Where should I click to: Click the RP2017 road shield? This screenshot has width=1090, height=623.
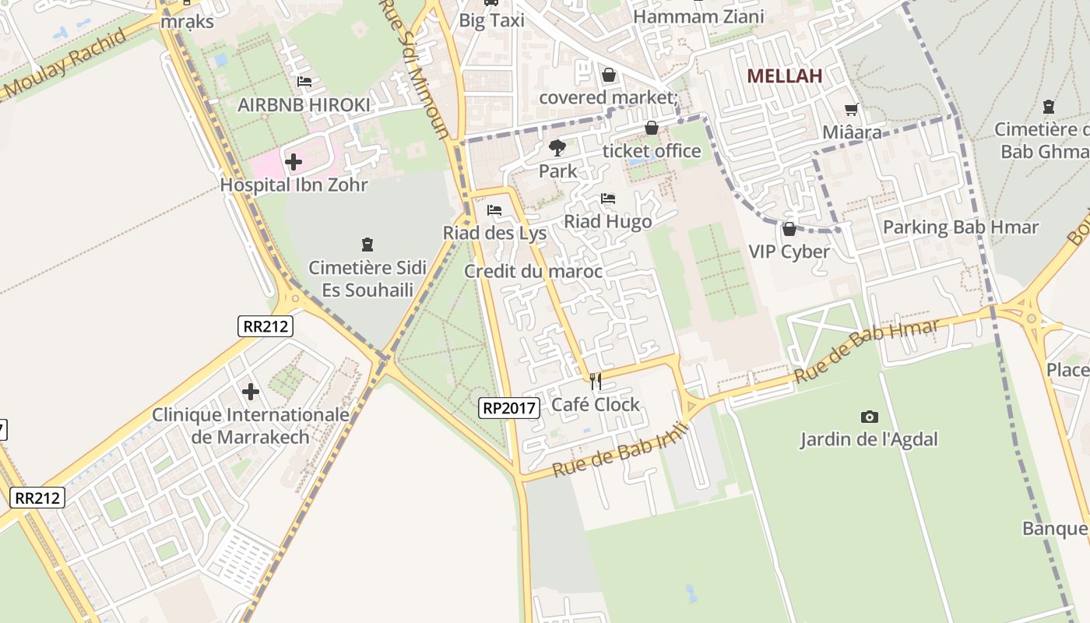[509, 407]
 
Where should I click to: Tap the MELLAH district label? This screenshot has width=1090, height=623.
[785, 76]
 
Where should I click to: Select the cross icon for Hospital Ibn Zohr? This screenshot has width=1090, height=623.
[294, 162]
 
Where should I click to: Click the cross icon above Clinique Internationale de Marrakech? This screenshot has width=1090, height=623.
[251, 391]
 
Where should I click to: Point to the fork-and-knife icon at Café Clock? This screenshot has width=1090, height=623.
[596, 381]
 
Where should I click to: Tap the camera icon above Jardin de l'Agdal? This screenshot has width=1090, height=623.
[870, 417]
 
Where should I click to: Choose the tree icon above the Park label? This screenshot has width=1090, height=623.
[557, 147]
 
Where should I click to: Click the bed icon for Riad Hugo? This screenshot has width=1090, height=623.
[608, 199]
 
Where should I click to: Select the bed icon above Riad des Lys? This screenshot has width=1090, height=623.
[494, 210]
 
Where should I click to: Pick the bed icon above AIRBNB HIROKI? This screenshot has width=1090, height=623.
[304, 81]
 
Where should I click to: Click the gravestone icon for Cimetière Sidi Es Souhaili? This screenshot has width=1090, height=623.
[367, 245]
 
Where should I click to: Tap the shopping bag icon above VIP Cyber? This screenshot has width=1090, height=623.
[789, 228]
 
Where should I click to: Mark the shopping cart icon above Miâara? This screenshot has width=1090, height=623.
[852, 110]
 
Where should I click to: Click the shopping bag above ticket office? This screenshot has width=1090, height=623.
[652, 128]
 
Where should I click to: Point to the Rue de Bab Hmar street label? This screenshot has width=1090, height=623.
[866, 351]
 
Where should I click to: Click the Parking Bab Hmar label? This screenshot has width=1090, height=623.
[960, 227]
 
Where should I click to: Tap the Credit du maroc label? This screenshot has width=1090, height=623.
[533, 271]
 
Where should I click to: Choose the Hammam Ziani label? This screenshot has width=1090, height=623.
[698, 16]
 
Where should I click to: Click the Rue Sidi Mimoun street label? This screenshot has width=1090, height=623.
[414, 70]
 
